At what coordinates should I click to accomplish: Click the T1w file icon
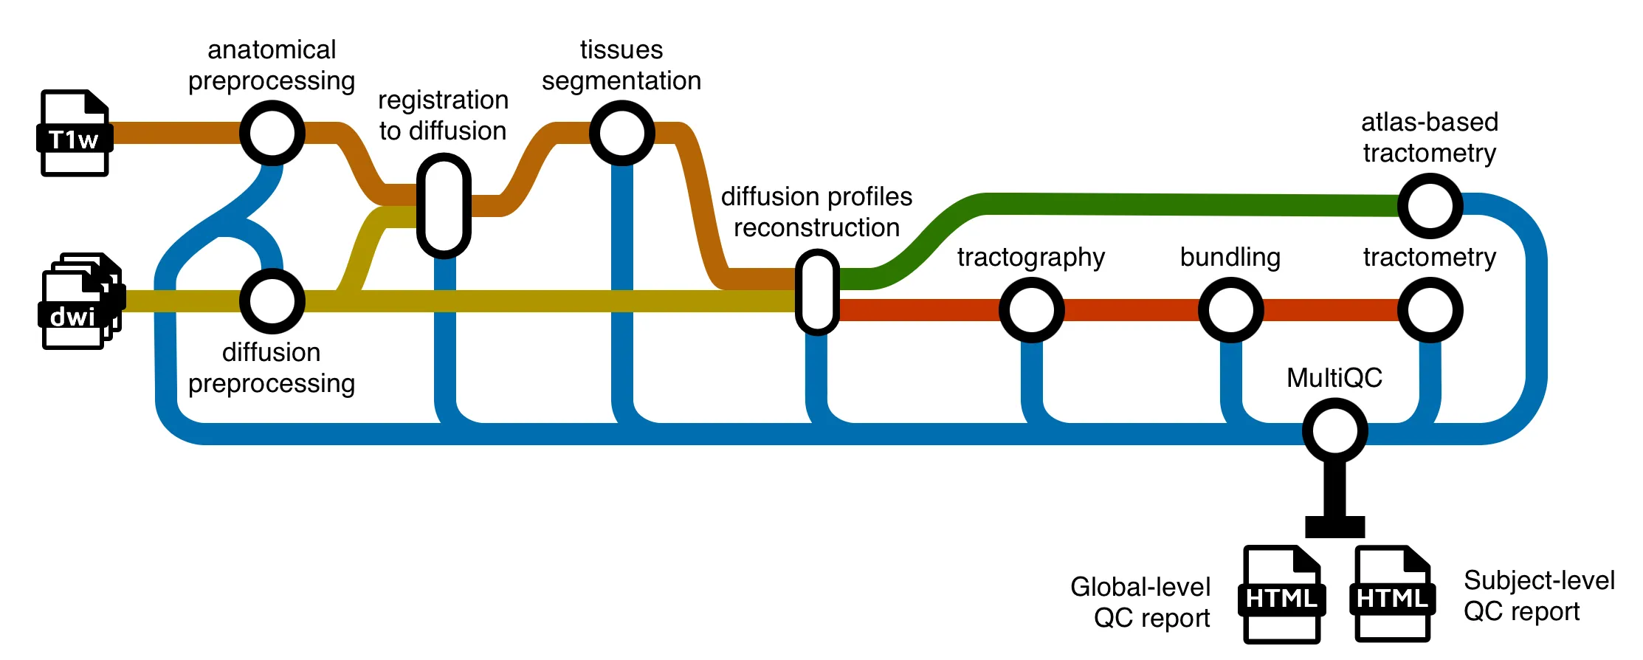(74, 133)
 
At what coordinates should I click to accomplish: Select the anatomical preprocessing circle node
(272, 134)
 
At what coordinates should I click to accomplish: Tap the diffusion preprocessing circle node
(272, 301)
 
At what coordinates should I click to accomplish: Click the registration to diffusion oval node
(444, 206)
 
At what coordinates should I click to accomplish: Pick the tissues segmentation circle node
(621, 134)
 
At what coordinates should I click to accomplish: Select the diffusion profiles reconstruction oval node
(817, 292)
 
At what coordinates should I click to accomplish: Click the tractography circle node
(1031, 310)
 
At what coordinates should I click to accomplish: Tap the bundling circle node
(1230, 310)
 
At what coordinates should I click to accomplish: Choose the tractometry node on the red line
(1430, 310)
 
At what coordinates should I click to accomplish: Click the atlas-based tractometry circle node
(1430, 206)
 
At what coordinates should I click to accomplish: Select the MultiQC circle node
(1334, 431)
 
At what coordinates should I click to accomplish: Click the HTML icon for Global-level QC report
(1282, 595)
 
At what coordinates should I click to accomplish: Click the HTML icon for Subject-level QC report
(1393, 595)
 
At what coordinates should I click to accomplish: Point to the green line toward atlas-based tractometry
(1181, 204)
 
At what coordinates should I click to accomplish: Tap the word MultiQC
(1334, 378)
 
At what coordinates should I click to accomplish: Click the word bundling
(1230, 257)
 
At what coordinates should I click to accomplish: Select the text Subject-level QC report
(1539, 596)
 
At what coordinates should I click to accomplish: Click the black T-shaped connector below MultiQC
(1334, 509)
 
